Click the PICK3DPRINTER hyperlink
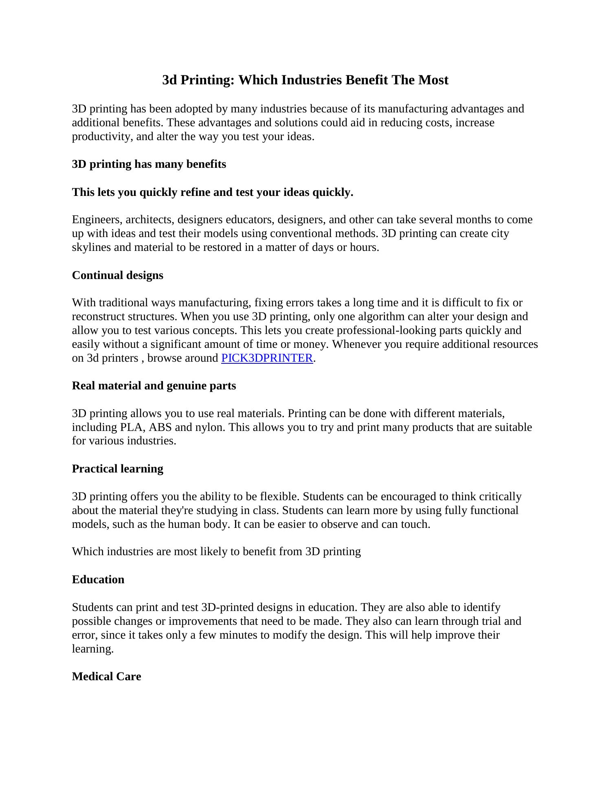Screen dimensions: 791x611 [267, 358]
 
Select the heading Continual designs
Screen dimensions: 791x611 [117, 275]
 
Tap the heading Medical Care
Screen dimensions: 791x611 [106, 677]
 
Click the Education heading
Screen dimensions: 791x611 [98, 580]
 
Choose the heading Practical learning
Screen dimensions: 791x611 [117, 469]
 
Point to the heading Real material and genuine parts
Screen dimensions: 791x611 [154, 386]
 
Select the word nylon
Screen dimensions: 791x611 [209, 427]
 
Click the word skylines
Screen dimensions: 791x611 [91, 248]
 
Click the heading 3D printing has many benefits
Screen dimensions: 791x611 [149, 164]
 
